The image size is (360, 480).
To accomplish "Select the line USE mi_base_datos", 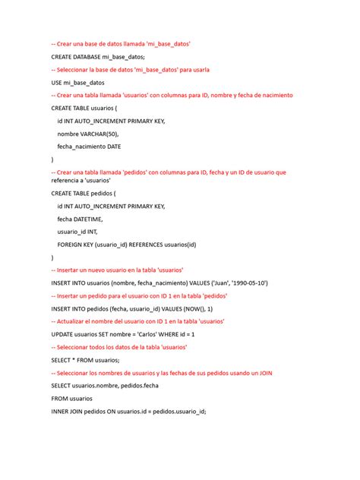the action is click(x=77, y=82).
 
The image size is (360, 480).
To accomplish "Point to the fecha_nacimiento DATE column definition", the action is click(x=88, y=146).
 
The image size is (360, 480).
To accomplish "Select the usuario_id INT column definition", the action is click(x=77, y=232).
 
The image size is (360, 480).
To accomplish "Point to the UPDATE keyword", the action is click(x=63, y=334).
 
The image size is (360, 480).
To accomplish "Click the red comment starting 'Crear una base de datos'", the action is click(x=120, y=45).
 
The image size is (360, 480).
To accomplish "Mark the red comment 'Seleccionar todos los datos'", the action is click(x=118, y=347).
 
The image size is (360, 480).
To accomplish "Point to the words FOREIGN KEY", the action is click(x=78, y=245).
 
